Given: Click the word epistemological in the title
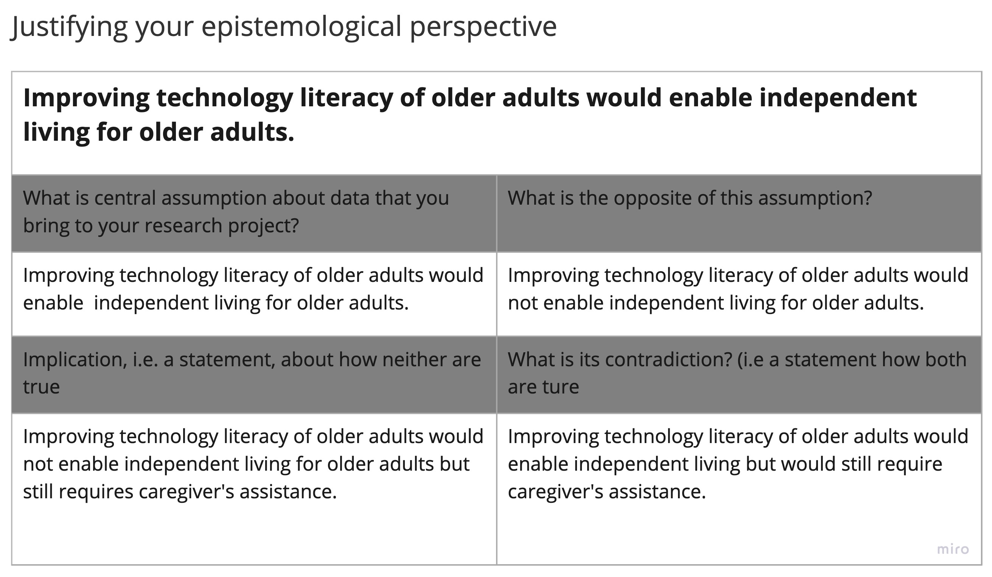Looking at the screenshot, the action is tap(301, 27).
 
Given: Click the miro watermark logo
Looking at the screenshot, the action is tap(953, 549).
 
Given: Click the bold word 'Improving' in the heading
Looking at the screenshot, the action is tap(86, 98).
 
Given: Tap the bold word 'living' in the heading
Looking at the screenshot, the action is tap(56, 133).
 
